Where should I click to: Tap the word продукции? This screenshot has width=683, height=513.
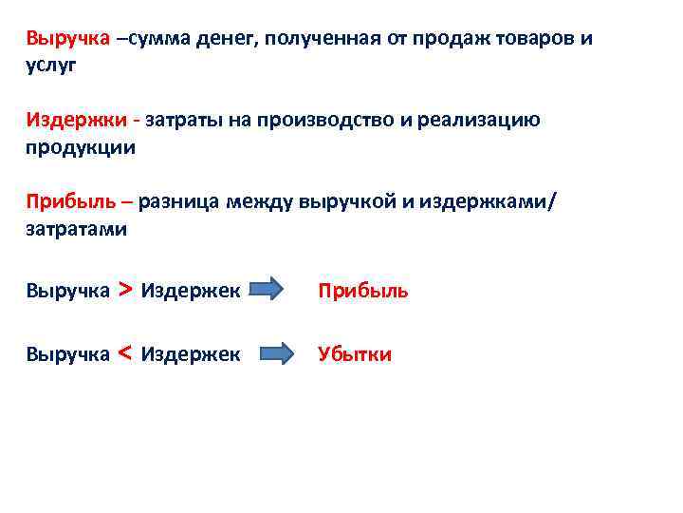(x=81, y=147)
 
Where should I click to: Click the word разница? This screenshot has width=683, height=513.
(x=182, y=200)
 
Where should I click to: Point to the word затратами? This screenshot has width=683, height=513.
(x=76, y=228)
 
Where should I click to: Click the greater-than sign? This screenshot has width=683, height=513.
(x=125, y=289)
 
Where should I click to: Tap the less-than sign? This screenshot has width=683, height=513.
(x=125, y=353)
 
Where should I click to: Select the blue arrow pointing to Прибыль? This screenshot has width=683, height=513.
(x=280, y=290)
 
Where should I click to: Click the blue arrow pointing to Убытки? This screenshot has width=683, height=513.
(x=280, y=354)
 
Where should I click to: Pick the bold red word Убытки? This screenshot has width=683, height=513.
(x=355, y=354)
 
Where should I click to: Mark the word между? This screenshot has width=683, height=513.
(x=260, y=200)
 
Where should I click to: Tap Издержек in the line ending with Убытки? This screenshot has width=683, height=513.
(x=191, y=354)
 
